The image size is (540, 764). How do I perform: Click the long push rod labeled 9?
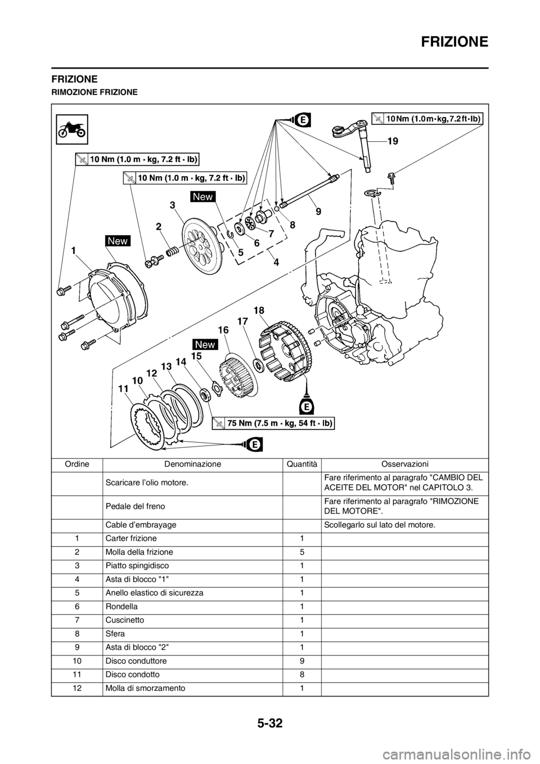(x=309, y=191)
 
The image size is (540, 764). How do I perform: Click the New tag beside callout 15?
(x=205, y=344)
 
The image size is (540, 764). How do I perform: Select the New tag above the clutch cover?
(x=118, y=241)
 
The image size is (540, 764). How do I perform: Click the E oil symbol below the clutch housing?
(x=307, y=405)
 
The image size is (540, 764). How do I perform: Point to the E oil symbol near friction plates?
(x=254, y=444)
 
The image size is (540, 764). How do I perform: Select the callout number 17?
(x=242, y=322)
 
